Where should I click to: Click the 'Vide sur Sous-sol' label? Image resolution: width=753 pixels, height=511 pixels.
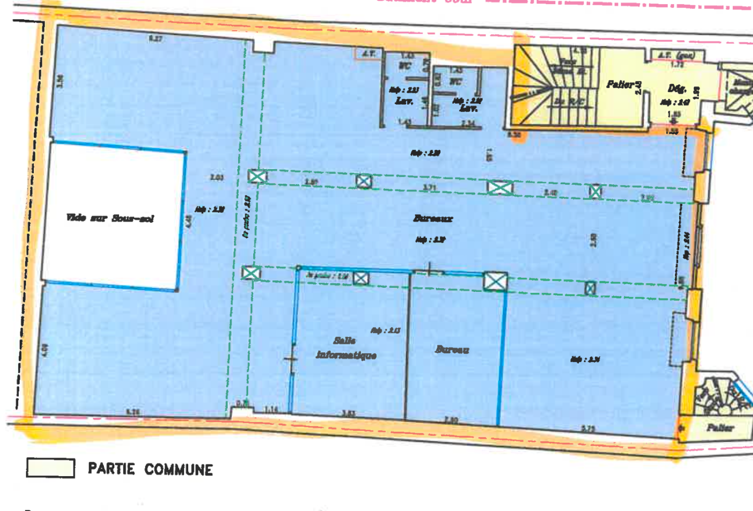click(110, 218)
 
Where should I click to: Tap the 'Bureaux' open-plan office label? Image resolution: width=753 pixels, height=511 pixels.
click(433, 218)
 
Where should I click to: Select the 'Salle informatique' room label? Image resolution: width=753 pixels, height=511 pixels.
click(346, 348)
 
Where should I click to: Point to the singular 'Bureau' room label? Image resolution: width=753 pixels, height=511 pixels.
click(452, 349)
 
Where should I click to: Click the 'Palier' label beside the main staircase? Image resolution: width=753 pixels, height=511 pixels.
click(620, 84)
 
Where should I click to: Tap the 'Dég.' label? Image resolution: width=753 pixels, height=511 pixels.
click(677, 88)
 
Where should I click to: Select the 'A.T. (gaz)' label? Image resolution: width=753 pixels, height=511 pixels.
click(676, 56)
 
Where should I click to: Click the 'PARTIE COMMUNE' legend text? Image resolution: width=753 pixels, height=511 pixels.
click(150, 469)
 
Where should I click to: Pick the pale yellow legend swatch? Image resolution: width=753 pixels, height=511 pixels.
click(50, 468)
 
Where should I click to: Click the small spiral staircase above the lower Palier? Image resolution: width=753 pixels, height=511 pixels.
click(718, 396)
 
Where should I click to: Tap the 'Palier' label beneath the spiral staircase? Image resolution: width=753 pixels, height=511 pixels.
click(720, 428)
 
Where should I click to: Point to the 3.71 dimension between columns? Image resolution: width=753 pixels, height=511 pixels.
click(429, 187)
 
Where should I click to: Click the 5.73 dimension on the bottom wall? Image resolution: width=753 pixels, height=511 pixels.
click(588, 429)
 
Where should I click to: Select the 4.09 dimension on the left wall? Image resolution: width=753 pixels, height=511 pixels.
click(45, 349)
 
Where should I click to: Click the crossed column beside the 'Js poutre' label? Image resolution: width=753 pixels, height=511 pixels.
click(361, 278)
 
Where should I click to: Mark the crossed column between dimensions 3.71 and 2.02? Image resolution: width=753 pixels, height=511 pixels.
click(500, 187)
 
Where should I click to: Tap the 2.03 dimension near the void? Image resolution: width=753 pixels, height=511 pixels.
click(216, 177)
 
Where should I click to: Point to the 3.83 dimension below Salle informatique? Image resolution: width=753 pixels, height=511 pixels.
click(348, 414)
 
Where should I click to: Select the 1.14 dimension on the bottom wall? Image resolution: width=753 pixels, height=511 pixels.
click(271, 410)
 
